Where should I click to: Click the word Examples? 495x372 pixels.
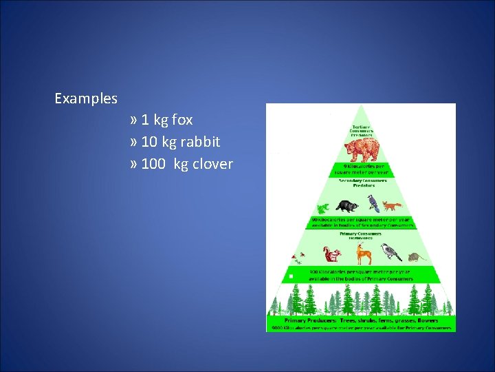(x=86, y=99)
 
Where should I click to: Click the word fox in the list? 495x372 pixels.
(x=182, y=120)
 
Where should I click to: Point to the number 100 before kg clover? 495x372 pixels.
(x=153, y=164)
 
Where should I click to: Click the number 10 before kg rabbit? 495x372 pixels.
(x=148, y=142)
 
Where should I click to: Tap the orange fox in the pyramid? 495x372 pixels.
(x=392, y=205)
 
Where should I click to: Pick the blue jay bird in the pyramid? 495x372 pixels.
(x=373, y=203)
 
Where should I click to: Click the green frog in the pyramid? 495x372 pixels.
(x=321, y=207)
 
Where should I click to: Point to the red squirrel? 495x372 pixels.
(x=332, y=255)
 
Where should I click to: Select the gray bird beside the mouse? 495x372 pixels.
(x=391, y=253)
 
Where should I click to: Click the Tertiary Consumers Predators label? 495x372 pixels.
(x=362, y=130)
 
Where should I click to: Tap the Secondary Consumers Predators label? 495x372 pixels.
(x=362, y=183)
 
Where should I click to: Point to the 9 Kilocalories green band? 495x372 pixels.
(x=362, y=169)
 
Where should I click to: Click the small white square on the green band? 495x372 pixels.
(x=291, y=276)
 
